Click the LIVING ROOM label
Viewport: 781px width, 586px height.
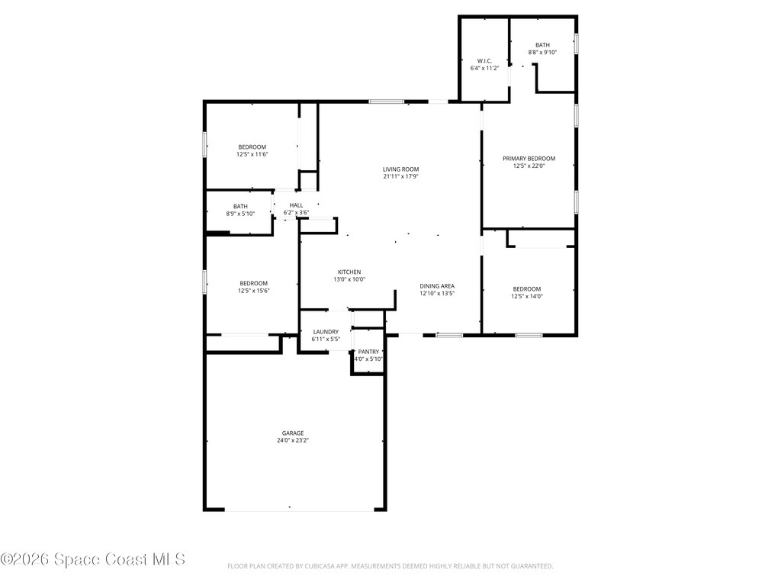(400, 169)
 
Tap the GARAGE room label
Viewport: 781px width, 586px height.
(292, 433)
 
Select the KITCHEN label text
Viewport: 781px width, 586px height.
(349, 272)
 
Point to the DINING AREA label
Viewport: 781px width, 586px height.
(437, 286)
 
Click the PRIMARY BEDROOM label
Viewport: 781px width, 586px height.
(529, 159)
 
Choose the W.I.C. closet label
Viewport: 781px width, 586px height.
(484, 61)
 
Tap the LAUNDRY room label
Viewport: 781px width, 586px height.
(326, 332)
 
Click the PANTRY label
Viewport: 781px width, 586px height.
(368, 352)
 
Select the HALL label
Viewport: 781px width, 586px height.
(296, 205)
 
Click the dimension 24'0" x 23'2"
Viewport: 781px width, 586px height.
(292, 440)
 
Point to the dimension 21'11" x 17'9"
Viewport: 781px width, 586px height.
(400, 177)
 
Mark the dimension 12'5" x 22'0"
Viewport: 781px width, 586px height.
(529, 166)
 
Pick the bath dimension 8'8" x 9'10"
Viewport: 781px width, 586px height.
(542, 53)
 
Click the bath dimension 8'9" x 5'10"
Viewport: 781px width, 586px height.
(240, 214)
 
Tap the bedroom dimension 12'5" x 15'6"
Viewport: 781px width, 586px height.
(253, 291)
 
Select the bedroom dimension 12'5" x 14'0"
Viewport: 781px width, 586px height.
(526, 297)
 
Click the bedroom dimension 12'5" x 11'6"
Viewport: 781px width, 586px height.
(252, 154)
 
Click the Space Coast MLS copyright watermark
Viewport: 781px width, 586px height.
(93, 560)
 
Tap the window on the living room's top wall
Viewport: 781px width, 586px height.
(386, 101)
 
